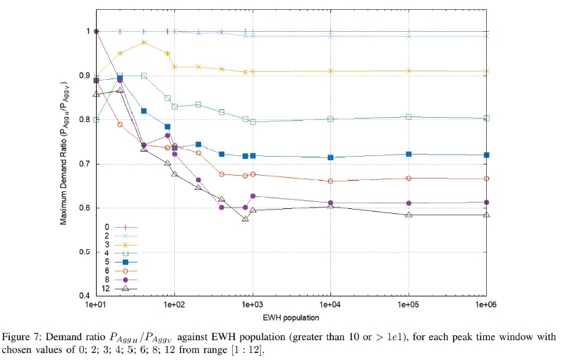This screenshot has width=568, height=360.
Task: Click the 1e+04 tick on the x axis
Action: tap(330, 304)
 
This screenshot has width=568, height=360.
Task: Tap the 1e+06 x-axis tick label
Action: tap(486, 304)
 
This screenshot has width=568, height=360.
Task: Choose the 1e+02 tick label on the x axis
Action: tap(174, 304)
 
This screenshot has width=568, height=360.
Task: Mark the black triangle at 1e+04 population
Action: tap(330, 206)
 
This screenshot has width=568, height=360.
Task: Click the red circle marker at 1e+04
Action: tap(330, 181)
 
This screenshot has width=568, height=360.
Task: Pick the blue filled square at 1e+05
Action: tap(409, 154)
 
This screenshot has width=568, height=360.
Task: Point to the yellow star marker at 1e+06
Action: tap(486, 71)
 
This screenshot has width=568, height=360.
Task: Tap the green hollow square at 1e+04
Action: tap(330, 119)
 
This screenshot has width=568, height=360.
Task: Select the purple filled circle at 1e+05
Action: tap(409, 203)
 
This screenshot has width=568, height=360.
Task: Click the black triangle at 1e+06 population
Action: tap(486, 215)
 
